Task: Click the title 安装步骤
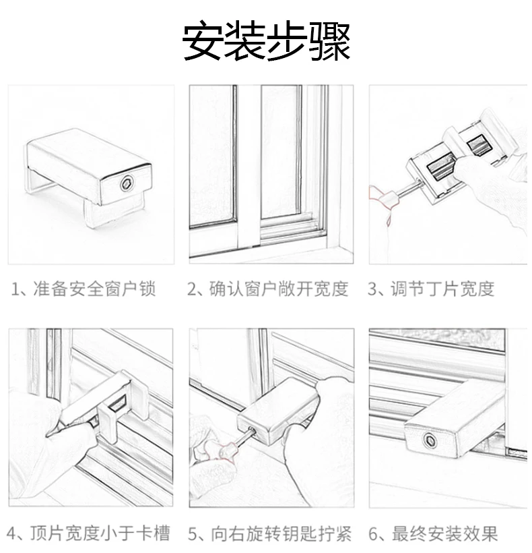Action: (x=266, y=41)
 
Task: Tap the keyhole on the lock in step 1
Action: (x=126, y=183)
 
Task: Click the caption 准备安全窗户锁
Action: (x=94, y=289)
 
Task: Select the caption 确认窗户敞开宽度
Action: (x=279, y=289)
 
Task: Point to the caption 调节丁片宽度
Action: (x=442, y=289)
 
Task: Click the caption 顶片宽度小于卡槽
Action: (x=100, y=533)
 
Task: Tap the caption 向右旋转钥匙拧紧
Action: (x=281, y=533)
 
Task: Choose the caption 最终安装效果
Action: (x=444, y=533)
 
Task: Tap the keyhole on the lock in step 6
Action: (x=430, y=440)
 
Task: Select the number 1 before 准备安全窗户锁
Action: (x=15, y=289)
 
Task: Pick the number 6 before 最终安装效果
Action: (x=373, y=533)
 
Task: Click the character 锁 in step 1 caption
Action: (x=147, y=289)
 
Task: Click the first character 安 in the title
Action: (x=203, y=41)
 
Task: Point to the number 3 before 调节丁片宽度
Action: (x=372, y=289)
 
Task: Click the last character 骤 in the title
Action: (x=330, y=41)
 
